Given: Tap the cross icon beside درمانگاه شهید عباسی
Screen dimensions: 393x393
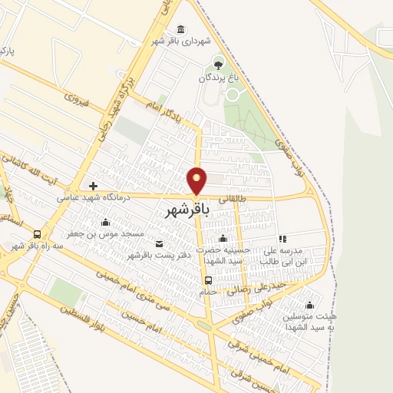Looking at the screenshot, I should coord(93,186).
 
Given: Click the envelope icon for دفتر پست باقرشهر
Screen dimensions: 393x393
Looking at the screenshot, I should coord(159,244).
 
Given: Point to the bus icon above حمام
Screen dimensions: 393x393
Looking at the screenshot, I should coord(209,280).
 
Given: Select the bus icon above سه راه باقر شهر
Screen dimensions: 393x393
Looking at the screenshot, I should coord(38,235).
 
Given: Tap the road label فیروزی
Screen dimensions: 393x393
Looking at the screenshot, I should coord(78,99).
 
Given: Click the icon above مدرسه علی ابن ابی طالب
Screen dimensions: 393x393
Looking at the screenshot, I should coord(282,239).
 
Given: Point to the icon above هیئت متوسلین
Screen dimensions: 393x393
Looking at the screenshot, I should coord(309,305).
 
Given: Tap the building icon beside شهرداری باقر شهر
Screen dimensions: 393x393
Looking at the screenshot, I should coord(181,29).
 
